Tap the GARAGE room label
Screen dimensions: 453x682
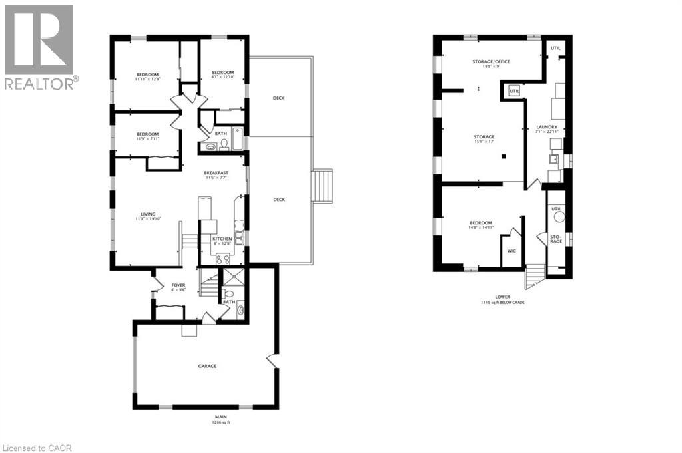206,366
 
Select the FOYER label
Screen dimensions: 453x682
178,285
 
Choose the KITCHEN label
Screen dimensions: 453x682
222,239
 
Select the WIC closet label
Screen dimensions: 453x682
512,251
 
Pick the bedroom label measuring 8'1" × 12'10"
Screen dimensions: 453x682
223,73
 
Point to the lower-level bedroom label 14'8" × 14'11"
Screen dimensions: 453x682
481,223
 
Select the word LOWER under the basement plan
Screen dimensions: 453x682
503,297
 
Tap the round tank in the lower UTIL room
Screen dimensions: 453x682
559,216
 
